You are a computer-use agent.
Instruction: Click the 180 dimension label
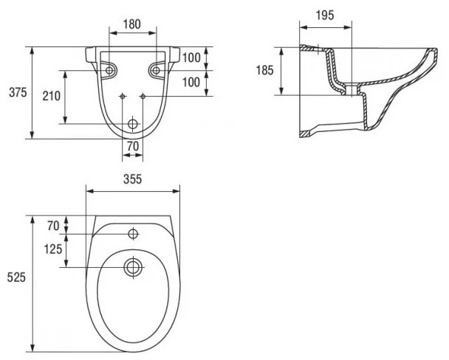(x=132, y=24)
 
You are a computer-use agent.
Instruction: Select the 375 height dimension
(x=17, y=92)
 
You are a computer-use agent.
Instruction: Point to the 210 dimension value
(x=51, y=96)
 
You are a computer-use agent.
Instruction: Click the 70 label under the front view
(x=133, y=146)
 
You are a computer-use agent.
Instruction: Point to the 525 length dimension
(x=17, y=278)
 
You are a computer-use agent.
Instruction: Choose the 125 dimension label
(x=52, y=250)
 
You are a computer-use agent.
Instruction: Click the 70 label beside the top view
(x=52, y=225)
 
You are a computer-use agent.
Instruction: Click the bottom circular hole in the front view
(x=133, y=123)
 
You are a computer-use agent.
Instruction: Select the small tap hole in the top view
(x=133, y=234)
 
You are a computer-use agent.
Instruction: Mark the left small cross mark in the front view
(x=122, y=95)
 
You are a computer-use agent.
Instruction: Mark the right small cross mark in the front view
(x=143, y=95)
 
